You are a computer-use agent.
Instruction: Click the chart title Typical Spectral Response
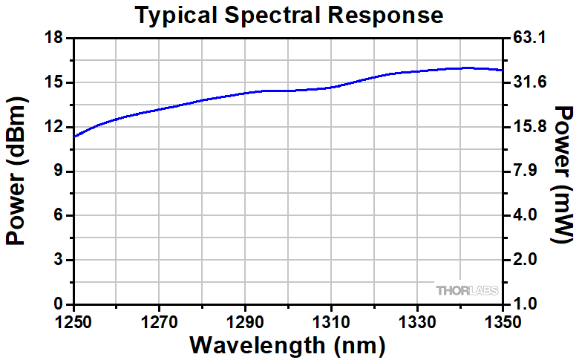point(289,14)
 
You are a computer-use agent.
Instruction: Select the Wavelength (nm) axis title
point(288,345)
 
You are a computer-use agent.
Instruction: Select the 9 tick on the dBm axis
point(59,171)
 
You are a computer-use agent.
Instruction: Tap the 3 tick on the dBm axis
point(59,261)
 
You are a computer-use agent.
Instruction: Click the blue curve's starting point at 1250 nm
point(75,136)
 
